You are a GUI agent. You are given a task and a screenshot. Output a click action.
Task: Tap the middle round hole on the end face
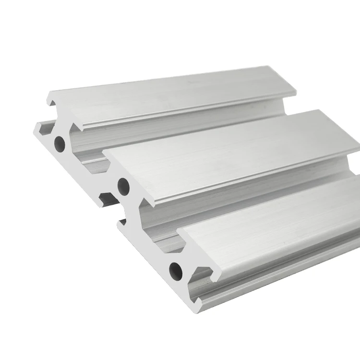point(122,183)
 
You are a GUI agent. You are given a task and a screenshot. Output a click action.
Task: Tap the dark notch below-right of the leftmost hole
point(107,197)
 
